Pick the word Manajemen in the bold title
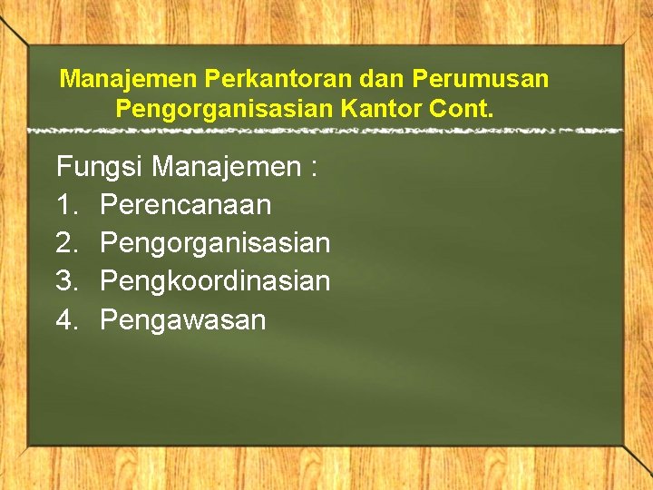tap(128, 79)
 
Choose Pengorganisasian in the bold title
tap(224, 111)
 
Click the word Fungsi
tap(101, 167)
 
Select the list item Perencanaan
tap(185, 205)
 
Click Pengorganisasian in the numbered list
tap(215, 243)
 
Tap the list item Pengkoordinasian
tap(215, 281)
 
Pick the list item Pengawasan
tap(182, 319)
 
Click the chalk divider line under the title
tap(326, 132)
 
